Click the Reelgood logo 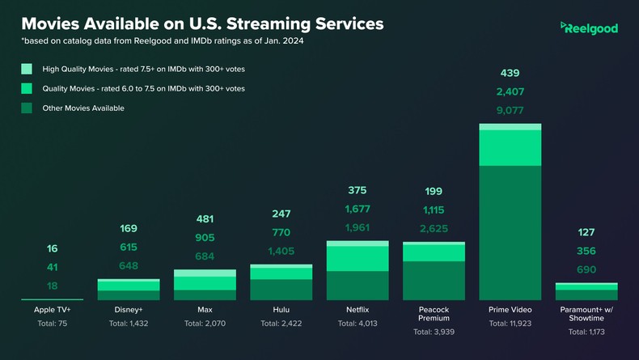click(x=589, y=28)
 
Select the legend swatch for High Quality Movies click(x=27, y=70)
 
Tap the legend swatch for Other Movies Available click(x=27, y=108)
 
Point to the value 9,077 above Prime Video click(x=510, y=111)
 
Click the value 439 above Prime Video click(x=510, y=74)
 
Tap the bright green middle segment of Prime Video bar click(x=510, y=147)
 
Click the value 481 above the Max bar click(x=205, y=218)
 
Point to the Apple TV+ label click(x=52, y=310)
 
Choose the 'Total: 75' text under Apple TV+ click(x=52, y=324)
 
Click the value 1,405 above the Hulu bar click(x=281, y=252)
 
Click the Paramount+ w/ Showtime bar click(x=586, y=292)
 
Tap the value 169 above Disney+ click(x=128, y=229)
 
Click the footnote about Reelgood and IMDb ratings click(x=165, y=40)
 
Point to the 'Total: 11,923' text click(x=510, y=324)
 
